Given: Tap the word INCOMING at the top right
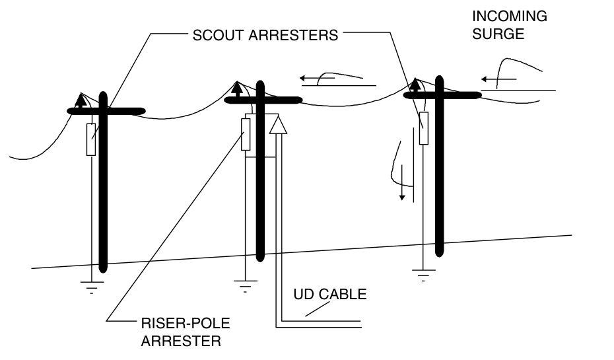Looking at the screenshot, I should click(510, 16).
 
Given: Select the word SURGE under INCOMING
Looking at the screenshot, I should click(498, 33).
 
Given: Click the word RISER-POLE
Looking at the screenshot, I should click(177, 326).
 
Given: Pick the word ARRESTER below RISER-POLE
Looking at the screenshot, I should click(181, 342).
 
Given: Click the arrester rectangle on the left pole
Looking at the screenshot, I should click(90, 139).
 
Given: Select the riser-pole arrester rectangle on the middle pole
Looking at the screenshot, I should click(246, 135).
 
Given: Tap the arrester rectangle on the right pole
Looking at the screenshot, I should click(424, 128).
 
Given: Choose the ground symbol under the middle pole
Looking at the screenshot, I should click(245, 284).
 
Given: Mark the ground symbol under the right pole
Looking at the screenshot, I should click(423, 274).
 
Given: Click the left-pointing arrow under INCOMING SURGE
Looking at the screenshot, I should click(489, 79).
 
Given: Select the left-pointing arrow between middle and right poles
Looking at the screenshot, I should click(308, 78).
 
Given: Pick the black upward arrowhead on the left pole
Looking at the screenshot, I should click(80, 100).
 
